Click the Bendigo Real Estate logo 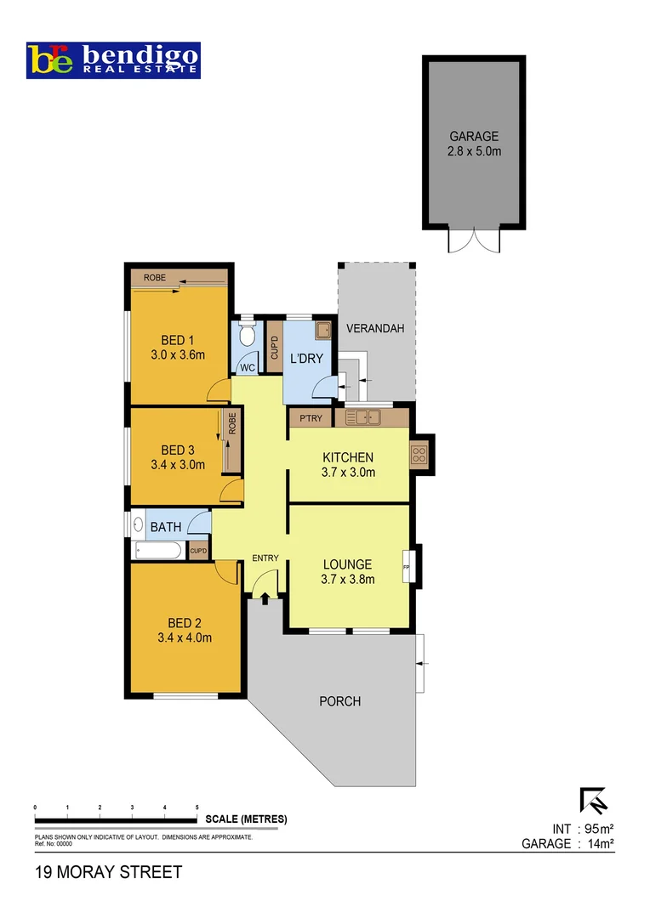pos(114,60)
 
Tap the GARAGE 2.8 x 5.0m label pos(474,144)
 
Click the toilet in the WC pos(247,335)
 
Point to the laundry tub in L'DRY pos(323,331)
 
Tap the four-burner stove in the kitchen pos(419,454)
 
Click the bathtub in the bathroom pos(158,551)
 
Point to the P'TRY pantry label pos(309,418)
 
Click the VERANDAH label pos(374,329)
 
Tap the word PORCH pos(339,701)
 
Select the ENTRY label pos(265,558)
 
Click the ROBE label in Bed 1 pos(154,278)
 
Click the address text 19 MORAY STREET pos(108,872)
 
